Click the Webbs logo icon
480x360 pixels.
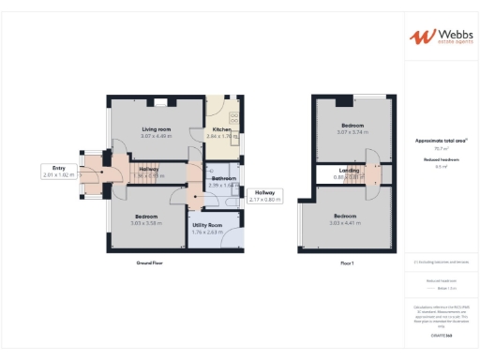pos(418,37)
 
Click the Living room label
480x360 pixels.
pos(157,128)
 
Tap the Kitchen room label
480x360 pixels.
pos(221,128)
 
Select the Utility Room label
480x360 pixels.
pos(206,226)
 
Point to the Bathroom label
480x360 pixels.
pos(223,178)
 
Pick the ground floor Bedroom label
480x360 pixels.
pos(145,217)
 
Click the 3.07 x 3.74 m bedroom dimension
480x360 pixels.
pos(352,133)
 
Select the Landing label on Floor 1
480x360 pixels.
pos(349,170)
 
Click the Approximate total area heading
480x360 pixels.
pos(441,141)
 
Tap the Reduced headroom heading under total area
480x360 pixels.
pos(441,160)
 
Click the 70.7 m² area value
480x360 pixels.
pos(441,148)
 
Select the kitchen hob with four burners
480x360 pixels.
pos(235,118)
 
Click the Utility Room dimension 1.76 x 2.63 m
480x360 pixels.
pos(206,232)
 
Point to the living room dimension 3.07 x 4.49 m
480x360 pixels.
pos(157,136)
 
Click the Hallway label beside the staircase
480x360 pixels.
pos(149,169)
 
